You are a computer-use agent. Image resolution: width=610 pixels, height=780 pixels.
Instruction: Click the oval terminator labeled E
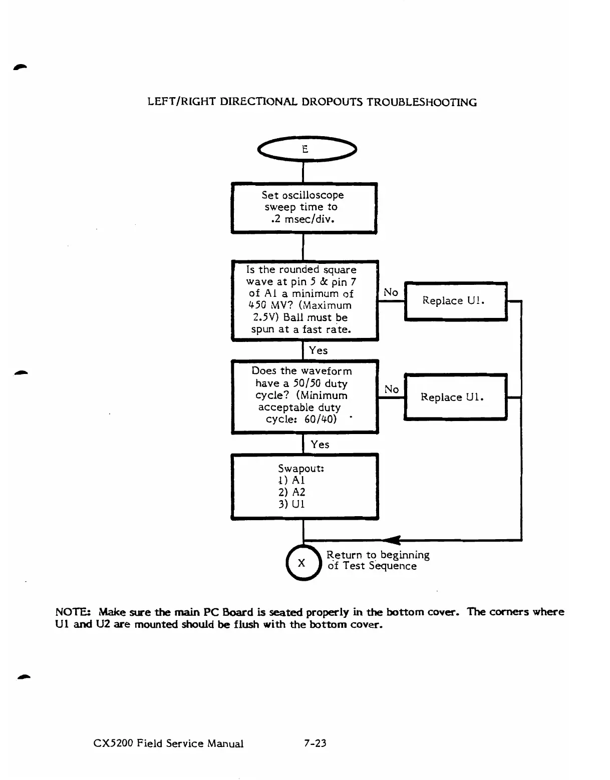pyautogui.click(x=306, y=149)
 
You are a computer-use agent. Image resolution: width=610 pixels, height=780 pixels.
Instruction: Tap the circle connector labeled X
pyautogui.click(x=302, y=563)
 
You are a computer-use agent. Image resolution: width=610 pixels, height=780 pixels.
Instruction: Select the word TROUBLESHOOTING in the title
pyautogui.click(x=422, y=103)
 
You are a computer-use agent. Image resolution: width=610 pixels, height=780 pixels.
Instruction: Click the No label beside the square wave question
pyautogui.click(x=391, y=292)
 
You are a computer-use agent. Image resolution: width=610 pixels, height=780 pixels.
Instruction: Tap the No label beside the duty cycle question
pyautogui.click(x=391, y=389)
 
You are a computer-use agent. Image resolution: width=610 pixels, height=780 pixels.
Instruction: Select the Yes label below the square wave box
pyautogui.click(x=318, y=350)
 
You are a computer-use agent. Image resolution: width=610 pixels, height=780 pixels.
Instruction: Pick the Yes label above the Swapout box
pyautogui.click(x=320, y=445)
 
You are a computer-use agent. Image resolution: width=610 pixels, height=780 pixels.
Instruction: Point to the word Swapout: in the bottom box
pyautogui.click(x=301, y=469)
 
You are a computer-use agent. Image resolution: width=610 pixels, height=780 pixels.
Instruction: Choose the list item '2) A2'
pyautogui.click(x=291, y=492)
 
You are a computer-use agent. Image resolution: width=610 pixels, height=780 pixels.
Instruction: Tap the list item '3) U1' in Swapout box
pyautogui.click(x=291, y=504)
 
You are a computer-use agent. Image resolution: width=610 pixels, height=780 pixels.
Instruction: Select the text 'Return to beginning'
pyautogui.click(x=378, y=555)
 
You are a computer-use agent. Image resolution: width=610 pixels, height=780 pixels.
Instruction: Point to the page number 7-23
pyautogui.click(x=315, y=743)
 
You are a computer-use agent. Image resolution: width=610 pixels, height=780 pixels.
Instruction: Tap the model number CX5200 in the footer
pyautogui.click(x=113, y=743)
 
